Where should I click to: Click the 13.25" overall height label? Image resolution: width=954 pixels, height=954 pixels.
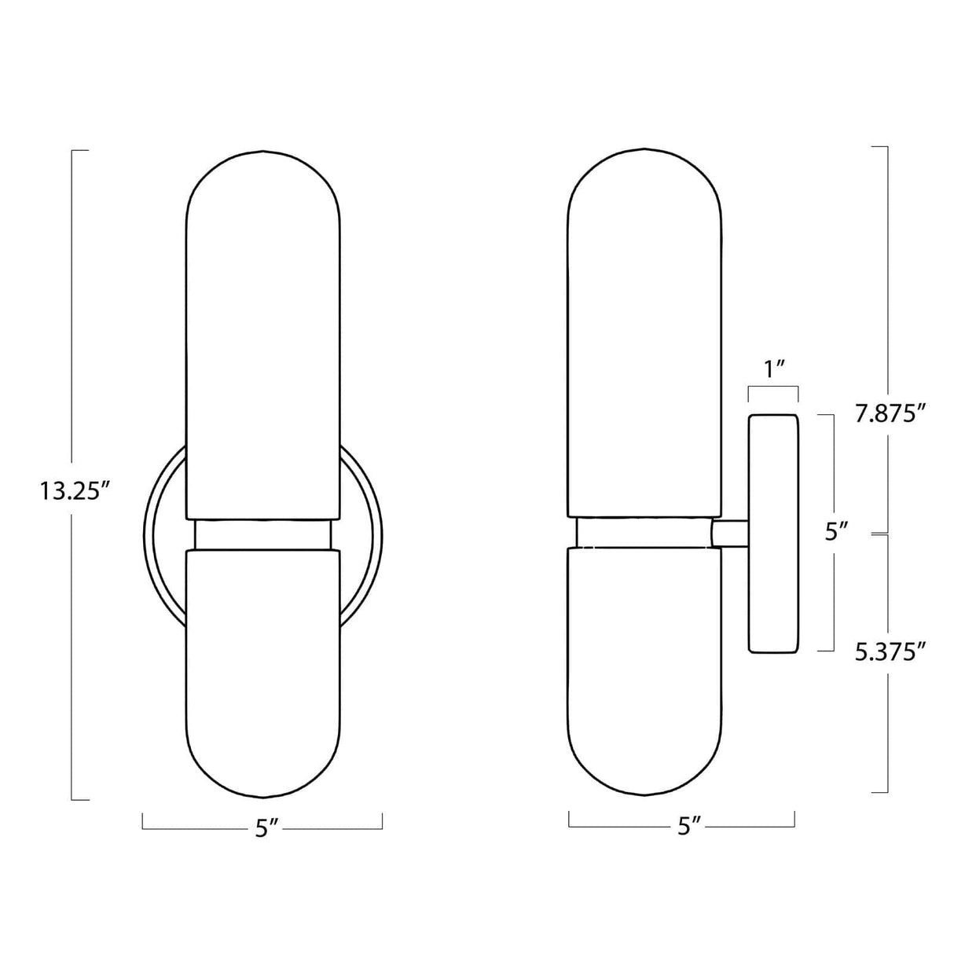[x=72, y=492]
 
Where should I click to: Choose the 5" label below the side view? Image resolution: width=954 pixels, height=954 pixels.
[x=688, y=826]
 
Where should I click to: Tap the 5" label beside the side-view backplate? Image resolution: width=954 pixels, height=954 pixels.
[x=836, y=532]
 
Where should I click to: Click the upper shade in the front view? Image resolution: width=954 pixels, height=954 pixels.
[x=263, y=330]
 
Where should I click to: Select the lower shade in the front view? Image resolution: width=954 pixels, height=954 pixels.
[x=263, y=668]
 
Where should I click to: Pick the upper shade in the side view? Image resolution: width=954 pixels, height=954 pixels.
[x=644, y=330]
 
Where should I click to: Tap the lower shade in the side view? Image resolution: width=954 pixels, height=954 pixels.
[x=644, y=668]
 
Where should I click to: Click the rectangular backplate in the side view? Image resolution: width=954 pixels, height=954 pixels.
[x=773, y=534]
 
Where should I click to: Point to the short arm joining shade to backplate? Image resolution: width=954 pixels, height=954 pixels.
[x=729, y=534]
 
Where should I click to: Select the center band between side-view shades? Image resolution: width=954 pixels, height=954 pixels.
[x=644, y=532]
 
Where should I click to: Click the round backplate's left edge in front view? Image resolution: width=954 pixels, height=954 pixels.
[x=150, y=534]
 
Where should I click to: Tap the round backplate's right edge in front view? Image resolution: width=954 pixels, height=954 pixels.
[x=376, y=534]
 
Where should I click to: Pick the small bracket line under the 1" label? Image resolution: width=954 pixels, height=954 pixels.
[x=773, y=387]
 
